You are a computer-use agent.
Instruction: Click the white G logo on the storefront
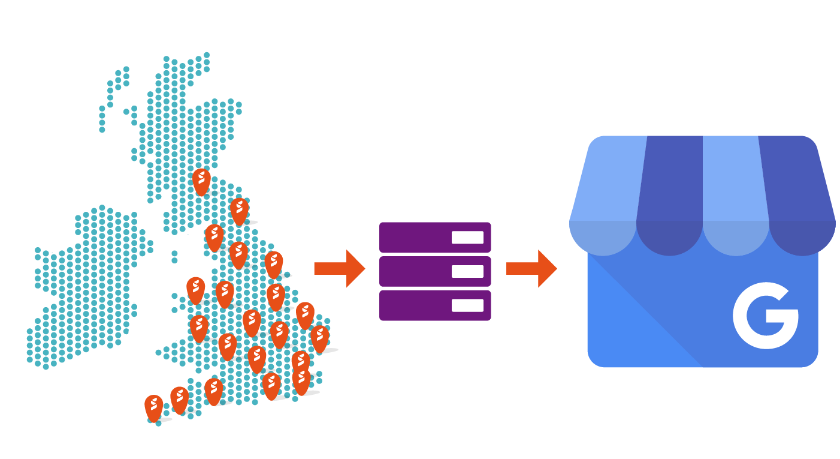coord(765,317)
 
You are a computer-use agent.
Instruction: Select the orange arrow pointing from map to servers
coord(339,268)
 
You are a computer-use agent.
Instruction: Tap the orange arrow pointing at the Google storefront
coord(531,268)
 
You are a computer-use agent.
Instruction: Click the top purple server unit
coord(435,237)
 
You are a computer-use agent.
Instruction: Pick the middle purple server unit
coord(435,271)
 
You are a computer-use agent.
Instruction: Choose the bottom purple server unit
coord(435,305)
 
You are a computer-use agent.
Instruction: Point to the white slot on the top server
coord(467,237)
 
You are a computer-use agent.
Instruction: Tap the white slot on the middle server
coord(467,271)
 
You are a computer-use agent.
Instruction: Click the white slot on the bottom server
coord(467,305)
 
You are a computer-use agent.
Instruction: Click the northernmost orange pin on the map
coord(201,180)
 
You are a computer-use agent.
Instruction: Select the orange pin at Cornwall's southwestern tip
coord(154,407)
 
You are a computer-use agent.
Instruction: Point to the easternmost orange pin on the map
coord(319,338)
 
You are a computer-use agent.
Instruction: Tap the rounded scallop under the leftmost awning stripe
coord(603,237)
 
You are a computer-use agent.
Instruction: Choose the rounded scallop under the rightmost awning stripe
coord(802,237)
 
